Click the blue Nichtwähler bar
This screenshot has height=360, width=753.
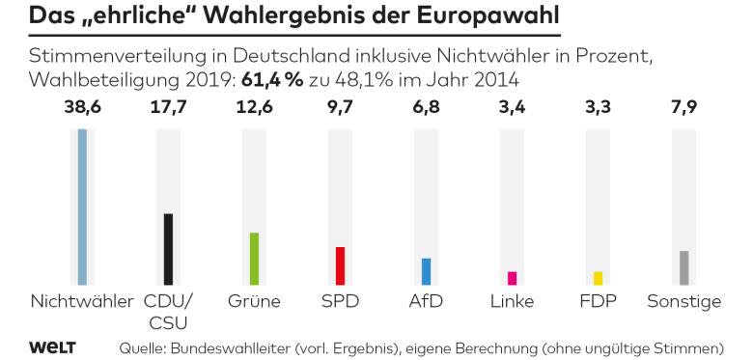pos(82,207)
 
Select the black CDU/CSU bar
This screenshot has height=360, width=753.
pos(168,249)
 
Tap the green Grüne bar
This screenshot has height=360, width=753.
pos(254,259)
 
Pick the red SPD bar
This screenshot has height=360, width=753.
pos(340,266)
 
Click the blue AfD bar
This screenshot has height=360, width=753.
pos(427,271)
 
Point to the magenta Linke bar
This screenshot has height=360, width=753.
pos(512,278)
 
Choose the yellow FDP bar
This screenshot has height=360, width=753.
pos(598,278)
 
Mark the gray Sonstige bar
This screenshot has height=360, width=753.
pos(683,268)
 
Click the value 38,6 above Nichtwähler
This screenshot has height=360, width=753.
pos(83,107)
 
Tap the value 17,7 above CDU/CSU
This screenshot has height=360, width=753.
pos(169,107)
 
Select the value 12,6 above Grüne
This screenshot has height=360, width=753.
pos(255,107)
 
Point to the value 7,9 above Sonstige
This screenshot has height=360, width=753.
pos(683,107)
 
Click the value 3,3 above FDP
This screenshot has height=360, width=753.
pos(598,107)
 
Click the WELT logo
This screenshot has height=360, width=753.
pos(52,347)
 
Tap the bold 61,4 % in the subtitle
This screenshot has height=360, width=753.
pos(272,80)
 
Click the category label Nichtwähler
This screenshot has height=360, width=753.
pos(82,301)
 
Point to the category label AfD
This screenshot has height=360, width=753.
pos(426,301)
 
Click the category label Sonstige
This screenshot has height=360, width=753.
pos(684,302)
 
